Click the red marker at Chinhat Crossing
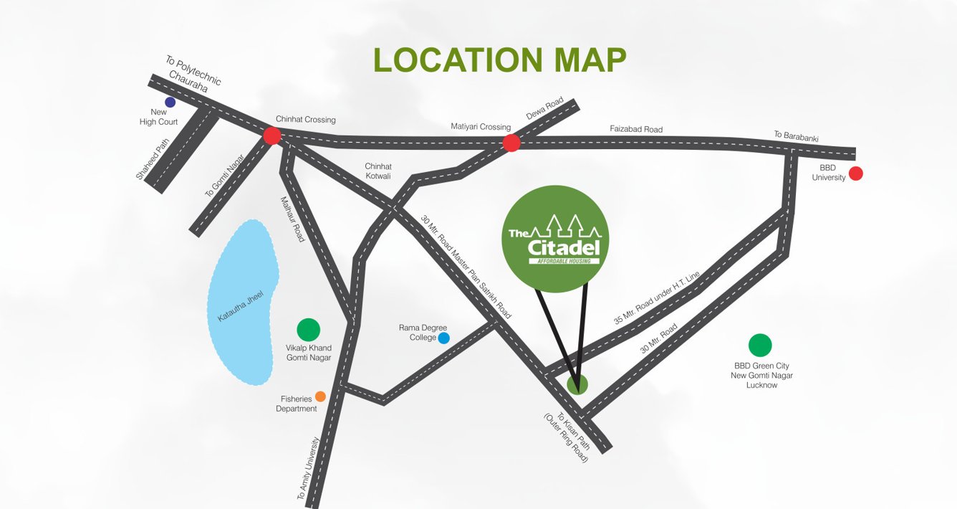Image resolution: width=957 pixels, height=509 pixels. (271, 135)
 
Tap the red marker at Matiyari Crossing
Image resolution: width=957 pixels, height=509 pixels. (511, 143)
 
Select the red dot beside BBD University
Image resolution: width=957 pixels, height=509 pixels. (855, 173)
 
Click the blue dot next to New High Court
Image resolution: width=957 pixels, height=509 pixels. (170, 102)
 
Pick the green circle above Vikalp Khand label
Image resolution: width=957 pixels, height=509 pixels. (308, 330)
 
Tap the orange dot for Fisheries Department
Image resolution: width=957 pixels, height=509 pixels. (320, 396)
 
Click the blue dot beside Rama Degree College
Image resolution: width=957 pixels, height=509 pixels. (443, 338)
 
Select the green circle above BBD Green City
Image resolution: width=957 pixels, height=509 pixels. (759, 346)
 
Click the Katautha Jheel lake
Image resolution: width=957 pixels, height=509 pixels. (241, 301)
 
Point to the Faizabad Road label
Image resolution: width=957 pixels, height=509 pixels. (636, 130)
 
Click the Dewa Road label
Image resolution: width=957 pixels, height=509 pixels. (545, 108)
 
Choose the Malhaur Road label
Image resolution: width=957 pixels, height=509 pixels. (292, 219)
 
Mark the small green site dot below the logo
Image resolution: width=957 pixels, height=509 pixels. (577, 384)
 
